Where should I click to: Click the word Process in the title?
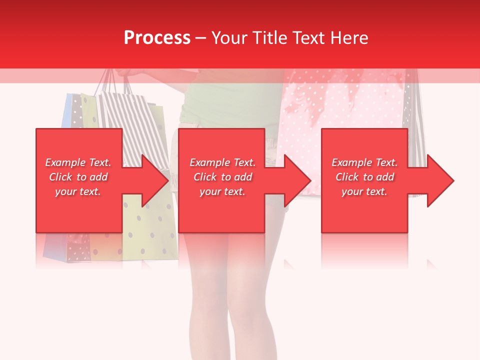click(157, 38)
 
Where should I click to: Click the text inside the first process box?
click(78, 177)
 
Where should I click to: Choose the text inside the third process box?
click(364, 177)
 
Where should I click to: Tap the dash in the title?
click(200, 38)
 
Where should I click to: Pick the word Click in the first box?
click(61, 177)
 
